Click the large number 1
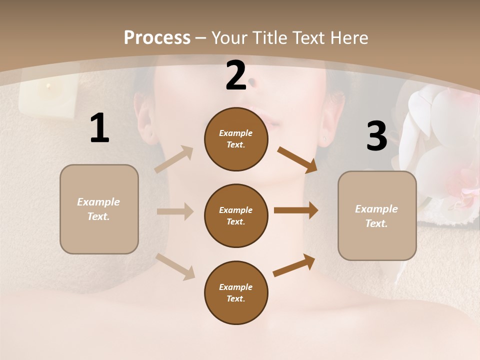(99, 128)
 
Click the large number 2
(236, 76)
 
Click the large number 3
(376, 136)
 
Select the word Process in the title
(157, 37)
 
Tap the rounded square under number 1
(99, 209)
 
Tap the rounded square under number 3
(377, 215)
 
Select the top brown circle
(236, 139)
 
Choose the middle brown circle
(236, 215)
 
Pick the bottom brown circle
(236, 292)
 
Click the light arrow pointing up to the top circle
(174, 159)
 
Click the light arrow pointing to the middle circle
(175, 211)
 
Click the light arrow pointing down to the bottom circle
(175, 266)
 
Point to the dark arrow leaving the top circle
(297, 159)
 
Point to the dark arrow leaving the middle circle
(296, 210)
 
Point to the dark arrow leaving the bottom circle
(294, 265)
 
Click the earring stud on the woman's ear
(325, 138)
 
